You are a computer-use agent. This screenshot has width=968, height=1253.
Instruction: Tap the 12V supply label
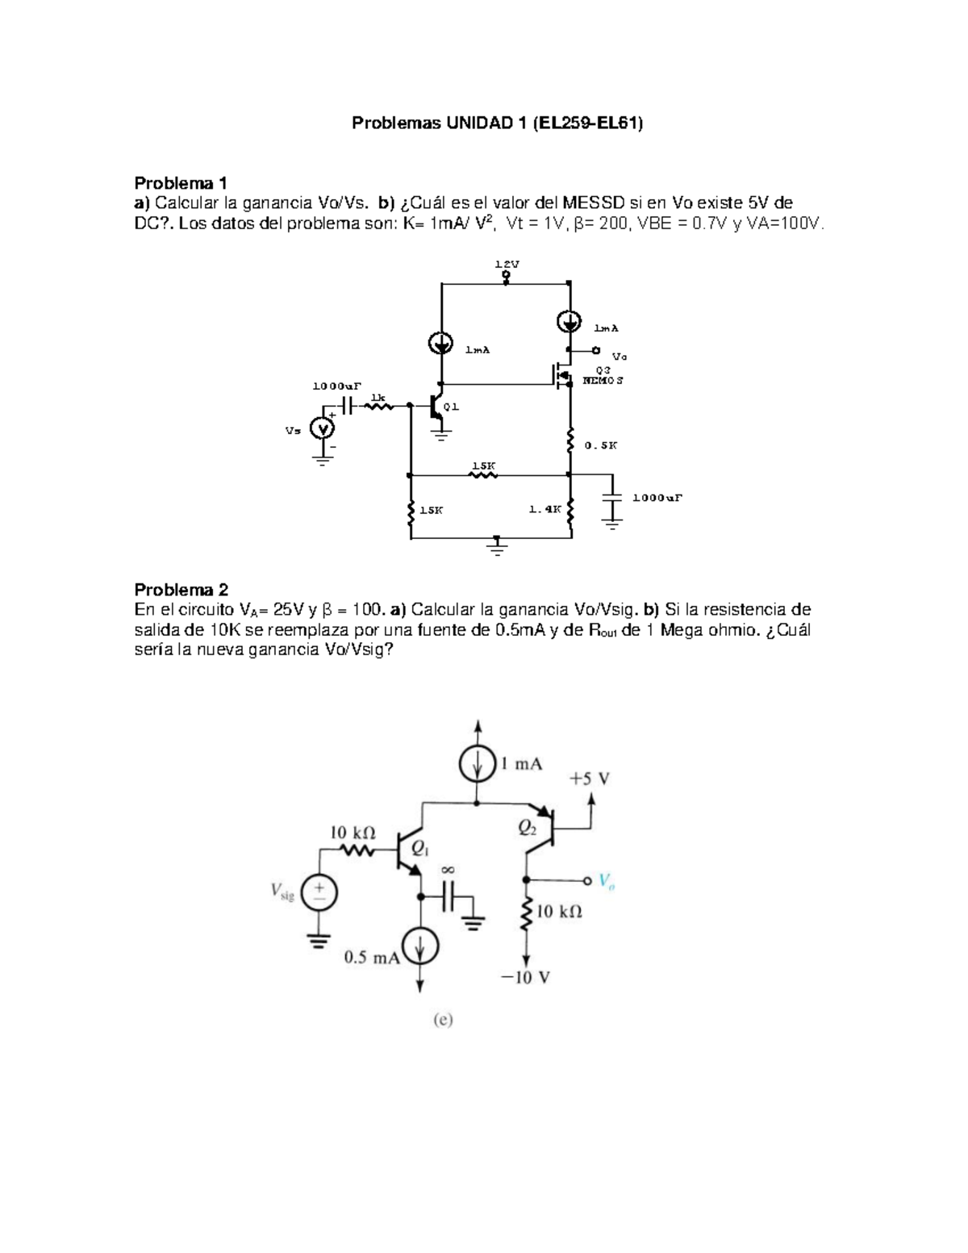507,264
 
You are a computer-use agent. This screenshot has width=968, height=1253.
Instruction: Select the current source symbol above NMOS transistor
570,320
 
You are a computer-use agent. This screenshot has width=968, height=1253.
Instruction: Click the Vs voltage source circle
323,430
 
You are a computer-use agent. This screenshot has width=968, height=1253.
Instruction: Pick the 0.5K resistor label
600,445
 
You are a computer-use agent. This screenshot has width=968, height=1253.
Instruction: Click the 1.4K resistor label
544,509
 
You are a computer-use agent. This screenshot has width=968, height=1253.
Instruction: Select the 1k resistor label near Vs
378,397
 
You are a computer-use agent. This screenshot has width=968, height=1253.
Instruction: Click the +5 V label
589,779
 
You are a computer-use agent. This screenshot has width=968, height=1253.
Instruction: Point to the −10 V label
525,978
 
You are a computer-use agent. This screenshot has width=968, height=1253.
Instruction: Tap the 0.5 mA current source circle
420,945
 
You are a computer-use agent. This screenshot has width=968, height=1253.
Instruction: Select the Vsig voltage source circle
319,893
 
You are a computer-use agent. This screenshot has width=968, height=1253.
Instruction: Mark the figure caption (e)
443,1021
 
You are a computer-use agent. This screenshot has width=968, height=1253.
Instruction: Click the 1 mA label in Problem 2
521,763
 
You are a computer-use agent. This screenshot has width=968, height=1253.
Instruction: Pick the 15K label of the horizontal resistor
483,466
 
